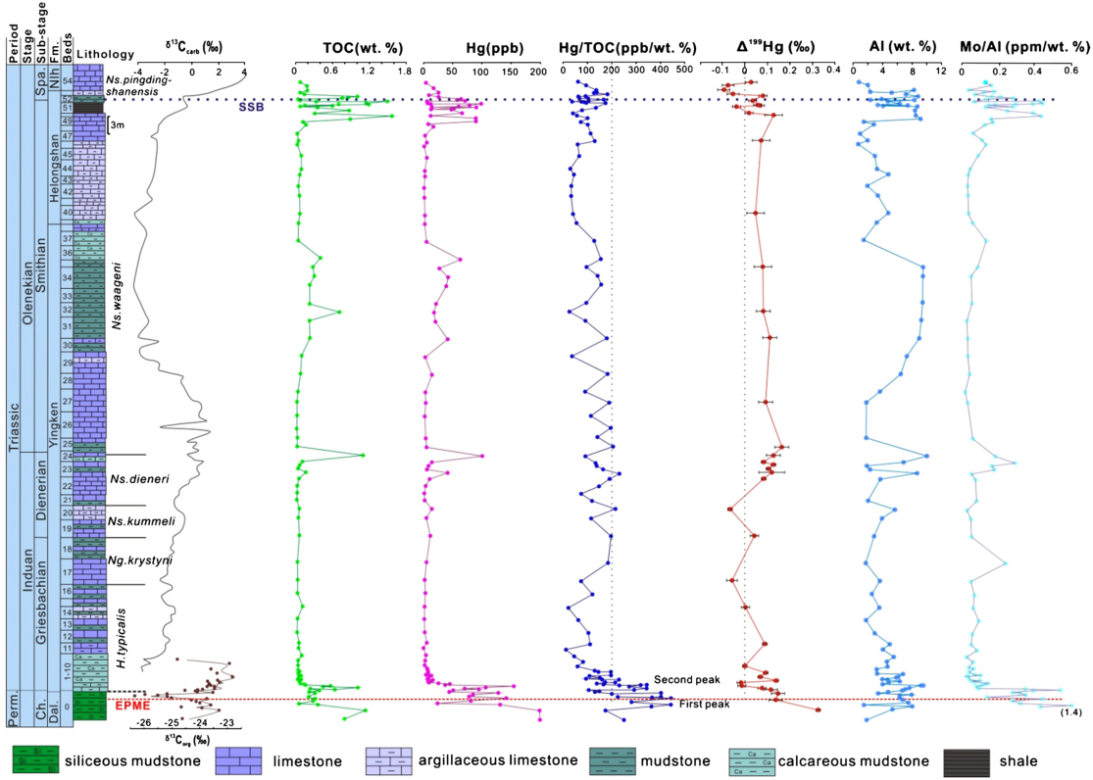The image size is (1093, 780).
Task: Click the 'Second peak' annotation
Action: (686, 680)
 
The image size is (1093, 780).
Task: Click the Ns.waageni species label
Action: (116, 294)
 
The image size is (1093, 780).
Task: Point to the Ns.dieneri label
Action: (134, 479)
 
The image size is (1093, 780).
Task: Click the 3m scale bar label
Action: (116, 125)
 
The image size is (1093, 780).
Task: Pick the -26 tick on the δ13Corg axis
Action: (143, 722)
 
